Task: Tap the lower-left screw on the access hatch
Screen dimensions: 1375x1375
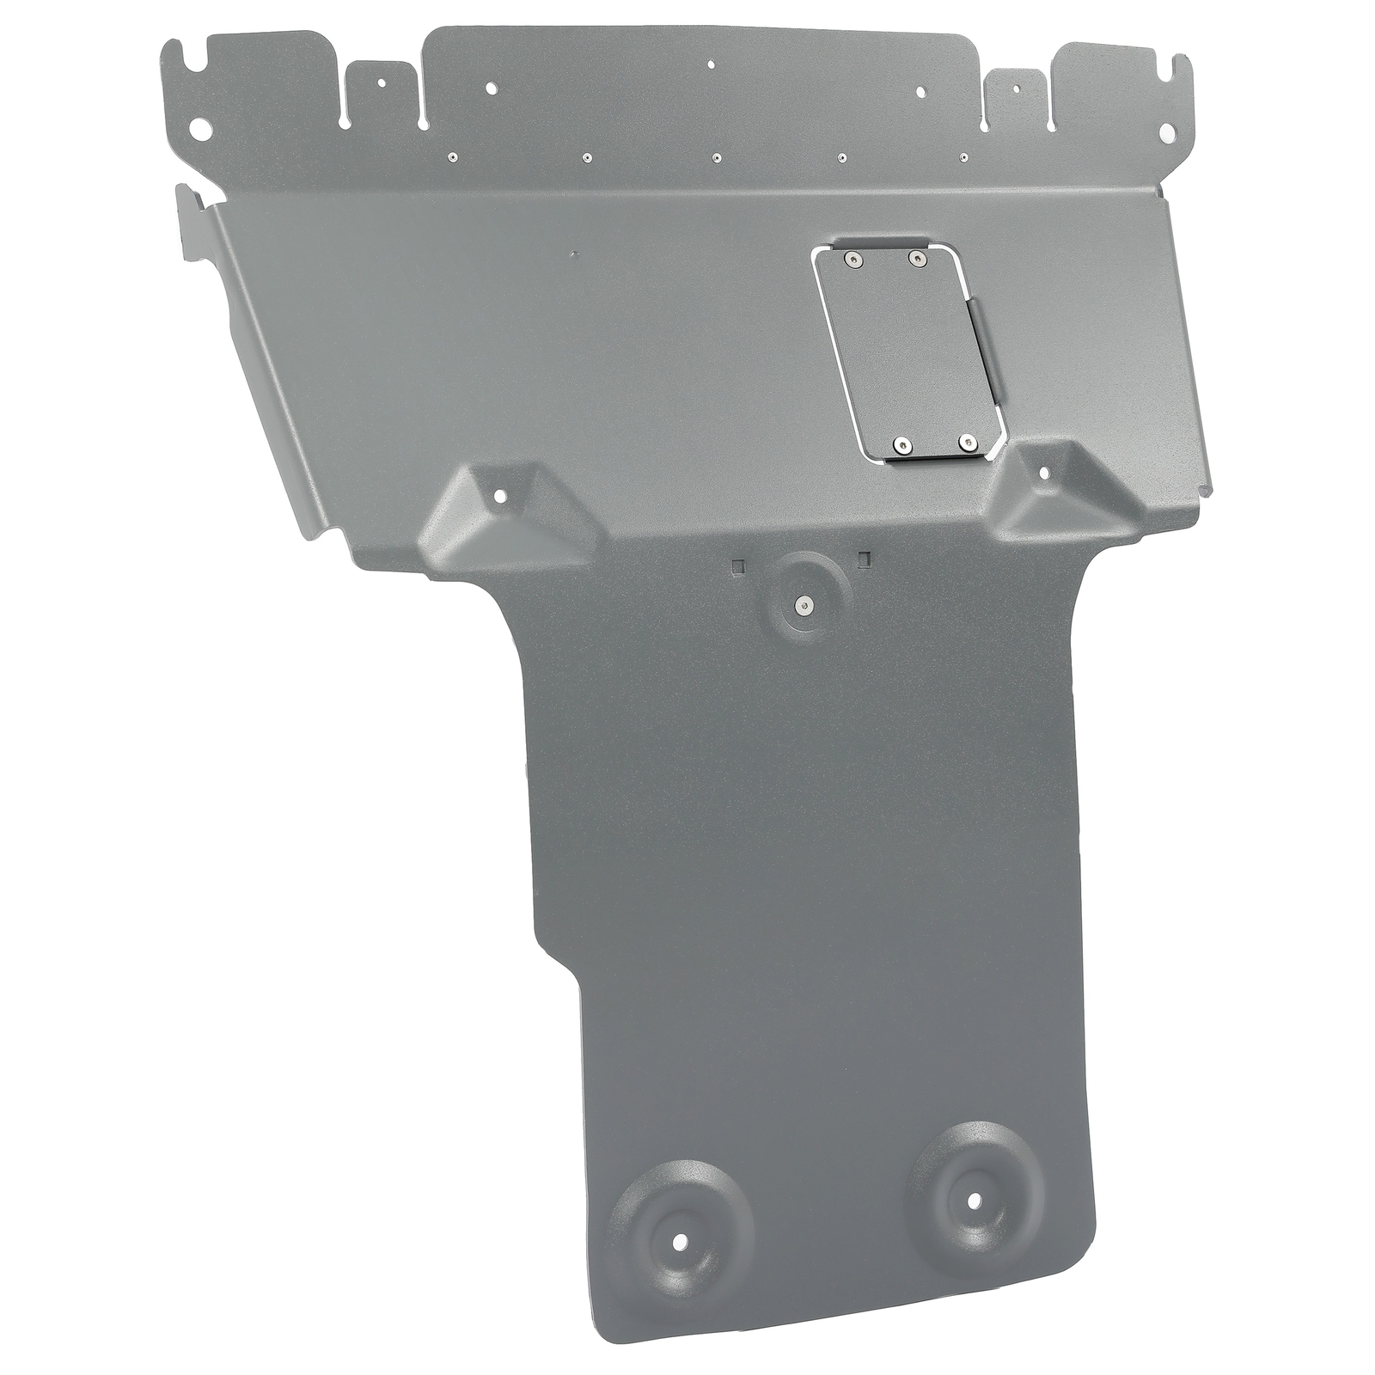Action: (900, 443)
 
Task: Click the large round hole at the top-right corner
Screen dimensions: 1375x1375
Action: (1167, 129)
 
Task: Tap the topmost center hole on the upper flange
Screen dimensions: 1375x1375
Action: (710, 63)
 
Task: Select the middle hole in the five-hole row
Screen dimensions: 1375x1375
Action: (716, 158)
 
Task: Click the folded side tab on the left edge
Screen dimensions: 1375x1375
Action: (191, 219)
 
